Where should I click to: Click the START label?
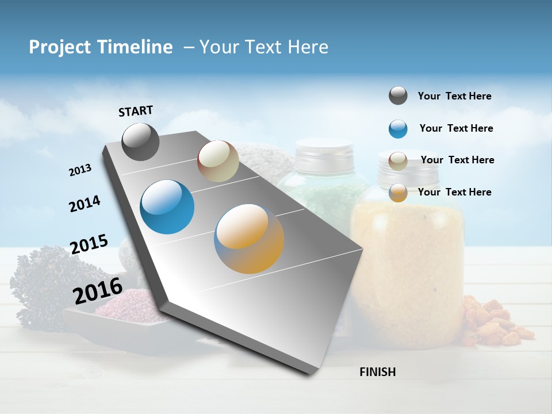pyautogui.click(x=136, y=111)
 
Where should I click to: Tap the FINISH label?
pyautogui.click(x=377, y=372)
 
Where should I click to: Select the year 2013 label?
pyautogui.click(x=80, y=170)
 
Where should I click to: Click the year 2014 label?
pyautogui.click(x=85, y=204)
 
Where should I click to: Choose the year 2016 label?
pyautogui.click(x=98, y=290)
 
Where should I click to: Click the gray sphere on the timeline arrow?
pyautogui.click(x=141, y=141)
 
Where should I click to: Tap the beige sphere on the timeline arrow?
pyautogui.click(x=218, y=161)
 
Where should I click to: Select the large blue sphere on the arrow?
pyautogui.click(x=167, y=207)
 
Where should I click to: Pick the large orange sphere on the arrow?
pyautogui.click(x=249, y=238)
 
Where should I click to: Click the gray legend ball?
pyautogui.click(x=398, y=96)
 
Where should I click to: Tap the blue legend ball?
pyautogui.click(x=398, y=129)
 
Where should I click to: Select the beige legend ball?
pyautogui.click(x=398, y=161)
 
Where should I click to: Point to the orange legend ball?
pyautogui.click(x=398, y=193)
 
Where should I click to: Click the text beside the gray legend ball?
pyautogui.click(x=454, y=96)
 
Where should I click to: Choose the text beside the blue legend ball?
pyautogui.click(x=456, y=128)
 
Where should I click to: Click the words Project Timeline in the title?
pyautogui.click(x=101, y=47)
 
